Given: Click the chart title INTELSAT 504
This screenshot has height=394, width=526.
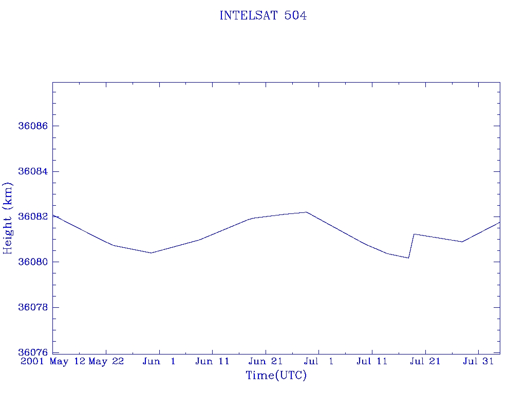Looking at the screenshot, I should [x=263, y=16].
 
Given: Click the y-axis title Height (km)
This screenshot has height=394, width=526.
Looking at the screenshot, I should [x=8, y=218].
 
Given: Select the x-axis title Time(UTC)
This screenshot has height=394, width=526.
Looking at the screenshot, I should [x=276, y=376].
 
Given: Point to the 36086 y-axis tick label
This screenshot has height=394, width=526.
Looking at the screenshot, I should [x=32, y=126].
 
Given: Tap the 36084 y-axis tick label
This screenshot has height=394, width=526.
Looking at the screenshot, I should [x=32, y=171].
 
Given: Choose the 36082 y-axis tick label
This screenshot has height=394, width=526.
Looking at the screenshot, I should [x=32, y=216].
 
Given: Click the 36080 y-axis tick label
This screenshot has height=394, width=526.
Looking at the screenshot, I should [x=32, y=262].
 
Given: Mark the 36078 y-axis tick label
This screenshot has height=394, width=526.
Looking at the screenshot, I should [x=32, y=307].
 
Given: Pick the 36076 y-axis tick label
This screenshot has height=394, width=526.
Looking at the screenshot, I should [x=32, y=352].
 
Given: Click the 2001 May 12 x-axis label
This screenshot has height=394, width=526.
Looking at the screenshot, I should [x=52, y=362].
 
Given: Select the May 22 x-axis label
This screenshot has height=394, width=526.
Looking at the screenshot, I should [x=106, y=362].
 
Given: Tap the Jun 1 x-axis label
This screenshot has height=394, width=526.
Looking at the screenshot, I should [x=159, y=362].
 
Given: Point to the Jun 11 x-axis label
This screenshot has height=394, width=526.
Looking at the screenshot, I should [x=212, y=362].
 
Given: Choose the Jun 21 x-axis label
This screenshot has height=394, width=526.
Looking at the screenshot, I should [x=266, y=362].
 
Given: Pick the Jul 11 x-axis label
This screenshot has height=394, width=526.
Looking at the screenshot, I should [x=372, y=362].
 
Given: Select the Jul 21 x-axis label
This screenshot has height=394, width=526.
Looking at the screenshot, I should [x=425, y=362].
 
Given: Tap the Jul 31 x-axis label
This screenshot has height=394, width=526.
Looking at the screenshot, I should [x=478, y=362].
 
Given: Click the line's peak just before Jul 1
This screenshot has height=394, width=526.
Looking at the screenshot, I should [x=306, y=212].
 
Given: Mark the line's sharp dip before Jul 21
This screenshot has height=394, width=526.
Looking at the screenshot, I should [x=408, y=258].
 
